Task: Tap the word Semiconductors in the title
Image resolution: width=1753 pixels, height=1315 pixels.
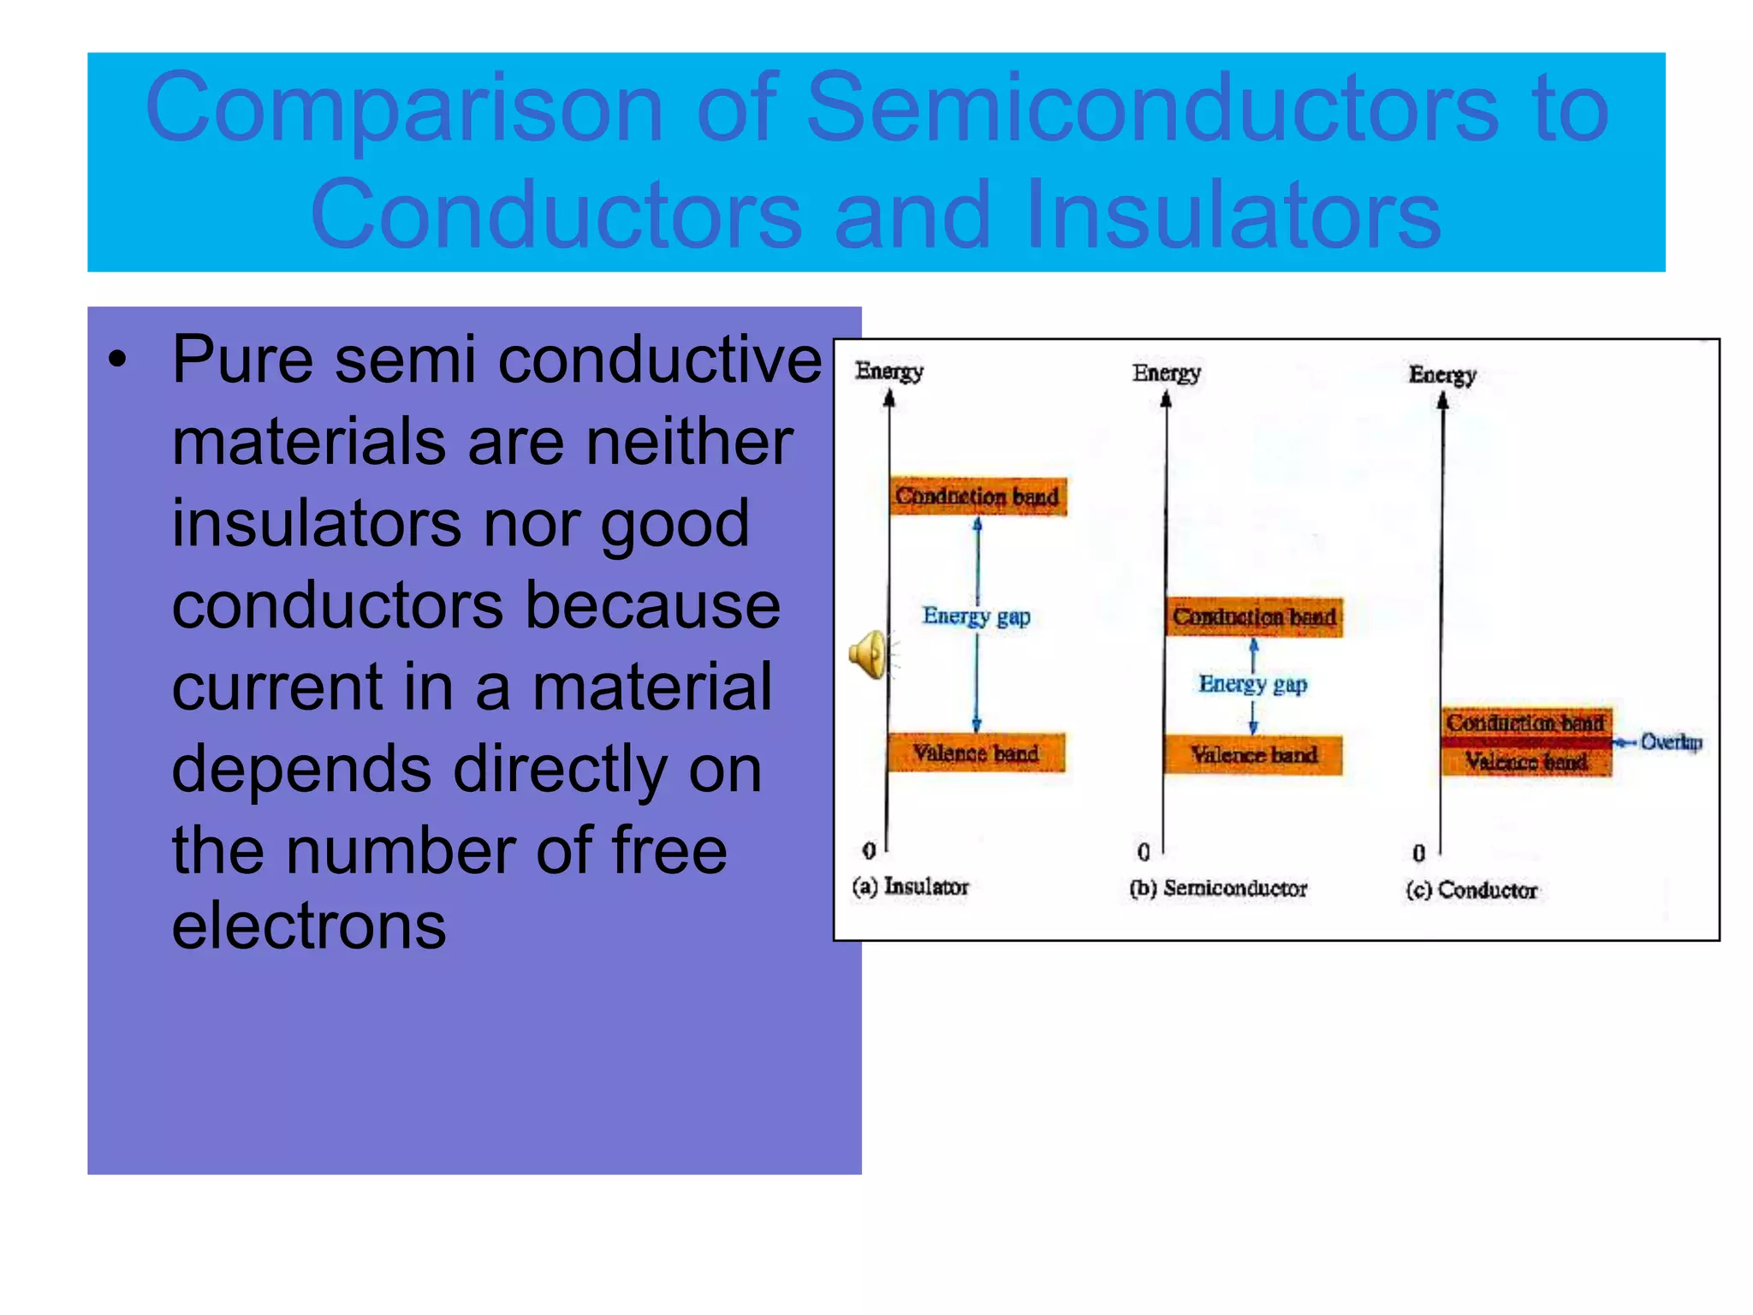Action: tap(1152, 108)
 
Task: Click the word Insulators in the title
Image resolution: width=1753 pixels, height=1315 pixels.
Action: tap(1233, 214)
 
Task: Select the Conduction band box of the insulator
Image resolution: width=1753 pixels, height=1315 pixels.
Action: tap(978, 497)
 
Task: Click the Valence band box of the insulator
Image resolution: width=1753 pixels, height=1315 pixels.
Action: tap(976, 753)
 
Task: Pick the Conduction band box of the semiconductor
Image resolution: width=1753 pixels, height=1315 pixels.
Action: tap(1254, 617)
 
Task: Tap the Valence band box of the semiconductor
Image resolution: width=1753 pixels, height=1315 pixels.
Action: tap(1254, 755)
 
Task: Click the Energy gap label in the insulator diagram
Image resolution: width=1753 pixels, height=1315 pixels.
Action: tap(976, 616)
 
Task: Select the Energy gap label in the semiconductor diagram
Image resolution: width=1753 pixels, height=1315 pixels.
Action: tap(1253, 684)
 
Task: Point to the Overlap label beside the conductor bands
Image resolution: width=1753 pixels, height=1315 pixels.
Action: tap(1670, 742)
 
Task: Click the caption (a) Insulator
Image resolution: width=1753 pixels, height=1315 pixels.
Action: tap(910, 887)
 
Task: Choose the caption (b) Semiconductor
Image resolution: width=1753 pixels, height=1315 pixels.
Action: tap(1218, 889)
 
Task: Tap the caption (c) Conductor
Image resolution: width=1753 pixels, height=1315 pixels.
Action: tap(1471, 890)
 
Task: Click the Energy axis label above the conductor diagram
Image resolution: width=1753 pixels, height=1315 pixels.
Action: tap(1442, 375)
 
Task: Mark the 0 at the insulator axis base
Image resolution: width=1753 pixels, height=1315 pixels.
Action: tap(869, 851)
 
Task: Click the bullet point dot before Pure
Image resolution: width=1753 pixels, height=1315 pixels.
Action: tap(117, 360)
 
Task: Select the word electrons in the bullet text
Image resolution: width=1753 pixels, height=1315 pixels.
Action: tap(309, 925)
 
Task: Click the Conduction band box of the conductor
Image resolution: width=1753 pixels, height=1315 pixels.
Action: tap(1525, 723)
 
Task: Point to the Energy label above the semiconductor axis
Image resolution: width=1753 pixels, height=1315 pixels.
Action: tap(1166, 373)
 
